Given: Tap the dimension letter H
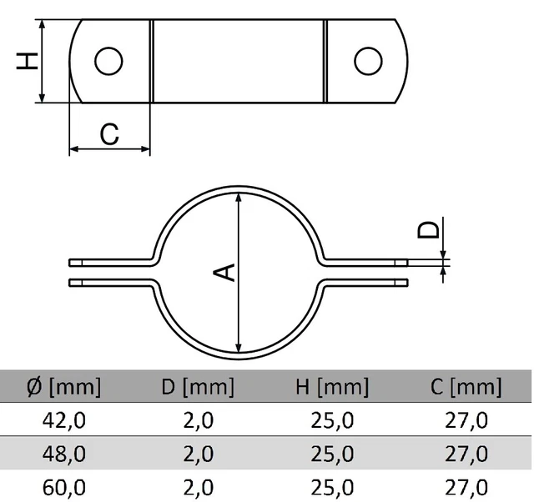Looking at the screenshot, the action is coord(28,61).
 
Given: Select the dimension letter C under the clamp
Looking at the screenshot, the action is coord(109,134).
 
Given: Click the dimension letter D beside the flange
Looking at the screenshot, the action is coord(428,229).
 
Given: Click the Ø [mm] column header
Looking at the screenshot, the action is coord(63,387).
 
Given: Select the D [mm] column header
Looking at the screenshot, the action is coord(198,387).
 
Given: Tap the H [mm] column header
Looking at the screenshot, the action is coord(332,387).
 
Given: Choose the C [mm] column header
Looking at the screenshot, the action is coord(466,387).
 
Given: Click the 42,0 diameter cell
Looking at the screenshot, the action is coord(64,420).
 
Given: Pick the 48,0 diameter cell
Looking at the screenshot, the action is coord(64,454).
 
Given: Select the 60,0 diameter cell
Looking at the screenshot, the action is coord(64,487).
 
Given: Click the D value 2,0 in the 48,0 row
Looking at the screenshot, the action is coord(199,454).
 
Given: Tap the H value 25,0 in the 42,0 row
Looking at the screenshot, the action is coord(332,420).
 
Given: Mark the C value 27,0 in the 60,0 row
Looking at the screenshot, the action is coord(466,487).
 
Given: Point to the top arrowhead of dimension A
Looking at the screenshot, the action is coord(239,198).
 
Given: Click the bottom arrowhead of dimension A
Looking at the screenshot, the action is coord(239,348).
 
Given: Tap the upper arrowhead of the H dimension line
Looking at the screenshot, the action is coord(42,24).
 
